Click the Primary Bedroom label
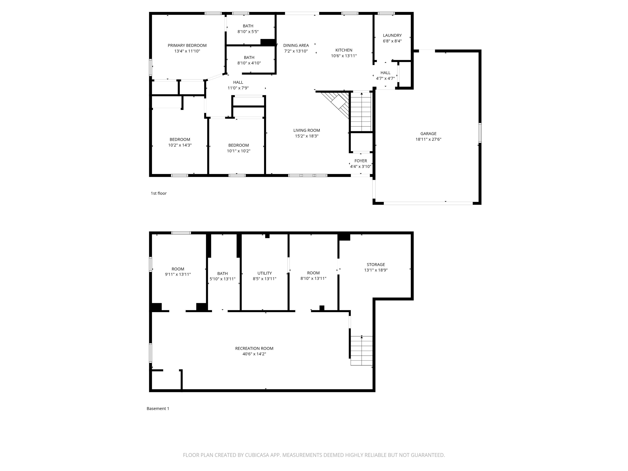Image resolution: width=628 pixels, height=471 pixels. [x=187, y=45]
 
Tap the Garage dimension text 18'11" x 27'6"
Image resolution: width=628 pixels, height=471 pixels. [x=428, y=139]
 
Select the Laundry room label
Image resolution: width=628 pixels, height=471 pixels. [x=392, y=36]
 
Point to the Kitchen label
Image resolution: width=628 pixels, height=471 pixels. [x=344, y=50]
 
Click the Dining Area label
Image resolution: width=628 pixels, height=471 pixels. [x=296, y=45]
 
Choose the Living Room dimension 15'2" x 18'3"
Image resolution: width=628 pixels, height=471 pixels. [x=307, y=136]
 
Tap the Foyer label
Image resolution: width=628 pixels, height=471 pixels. [x=361, y=161]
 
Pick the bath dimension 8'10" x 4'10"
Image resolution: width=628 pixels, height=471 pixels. [x=249, y=63]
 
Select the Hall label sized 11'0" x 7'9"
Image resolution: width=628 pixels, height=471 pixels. [x=238, y=82]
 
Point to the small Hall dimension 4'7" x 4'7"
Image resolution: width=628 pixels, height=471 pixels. [x=386, y=78]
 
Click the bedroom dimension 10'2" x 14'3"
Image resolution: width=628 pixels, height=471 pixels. [x=180, y=145]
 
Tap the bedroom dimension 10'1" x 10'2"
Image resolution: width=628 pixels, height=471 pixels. [x=239, y=151]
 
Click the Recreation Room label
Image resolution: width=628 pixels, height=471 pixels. [x=254, y=348]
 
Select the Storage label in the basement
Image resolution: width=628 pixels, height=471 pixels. [x=376, y=265]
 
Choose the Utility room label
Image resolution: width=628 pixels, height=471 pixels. [x=265, y=273]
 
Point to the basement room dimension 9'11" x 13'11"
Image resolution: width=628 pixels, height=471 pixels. [x=178, y=275]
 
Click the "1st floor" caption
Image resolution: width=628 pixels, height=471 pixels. [x=159, y=193]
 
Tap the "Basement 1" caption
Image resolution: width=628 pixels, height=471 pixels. [x=158, y=408]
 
